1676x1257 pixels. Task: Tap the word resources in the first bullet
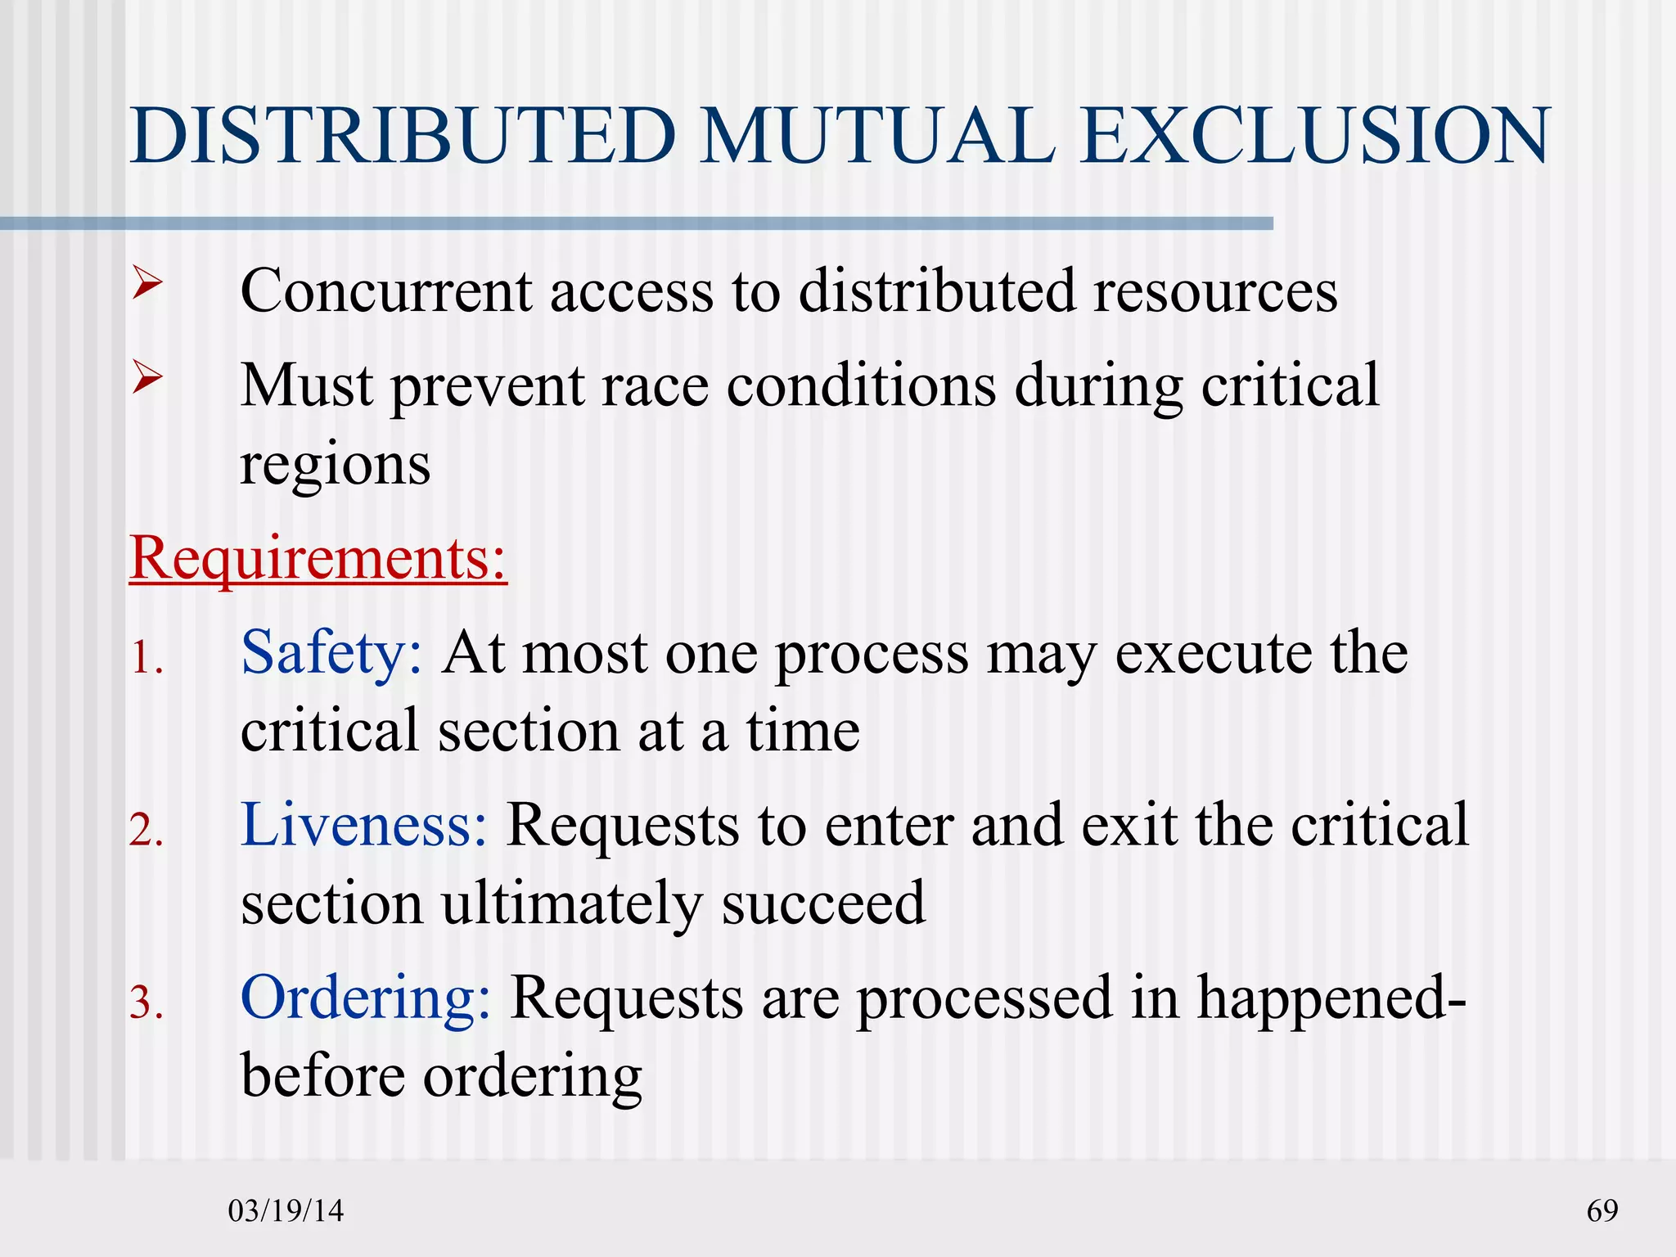point(1215,292)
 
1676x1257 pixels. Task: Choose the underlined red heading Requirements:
point(318,560)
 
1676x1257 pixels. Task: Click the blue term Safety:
point(331,655)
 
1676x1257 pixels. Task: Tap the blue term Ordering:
point(366,998)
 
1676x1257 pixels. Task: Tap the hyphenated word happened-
point(1331,998)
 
